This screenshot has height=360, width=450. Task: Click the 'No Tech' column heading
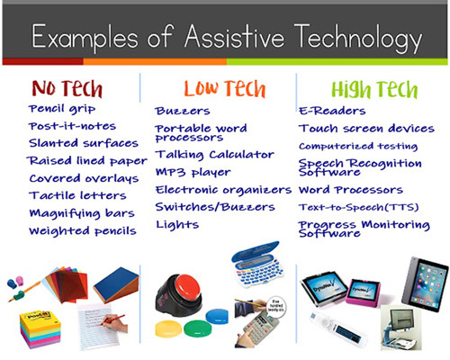[x=67, y=88]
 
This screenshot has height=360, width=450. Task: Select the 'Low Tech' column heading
[x=225, y=88]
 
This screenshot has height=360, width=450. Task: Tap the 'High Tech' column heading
[x=374, y=89]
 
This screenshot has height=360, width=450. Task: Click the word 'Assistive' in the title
[x=234, y=37]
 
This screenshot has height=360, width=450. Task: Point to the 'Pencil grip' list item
[x=62, y=109]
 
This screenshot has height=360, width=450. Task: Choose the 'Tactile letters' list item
[x=77, y=195]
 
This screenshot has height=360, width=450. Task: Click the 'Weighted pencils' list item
[x=83, y=231]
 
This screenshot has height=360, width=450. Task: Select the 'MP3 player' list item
[x=193, y=172]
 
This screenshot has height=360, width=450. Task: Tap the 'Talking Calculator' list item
[x=215, y=155]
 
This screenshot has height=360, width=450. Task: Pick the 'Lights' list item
[x=177, y=225]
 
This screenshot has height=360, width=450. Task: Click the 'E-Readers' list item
[x=332, y=111]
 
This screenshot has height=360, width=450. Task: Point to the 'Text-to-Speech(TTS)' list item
[x=359, y=207]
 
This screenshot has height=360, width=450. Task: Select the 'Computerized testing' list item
[x=358, y=146]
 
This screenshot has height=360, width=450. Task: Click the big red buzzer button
[x=188, y=287]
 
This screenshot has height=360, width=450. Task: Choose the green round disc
[x=198, y=328]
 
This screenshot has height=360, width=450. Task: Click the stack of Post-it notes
[x=40, y=329]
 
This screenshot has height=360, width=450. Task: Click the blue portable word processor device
[x=257, y=265]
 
